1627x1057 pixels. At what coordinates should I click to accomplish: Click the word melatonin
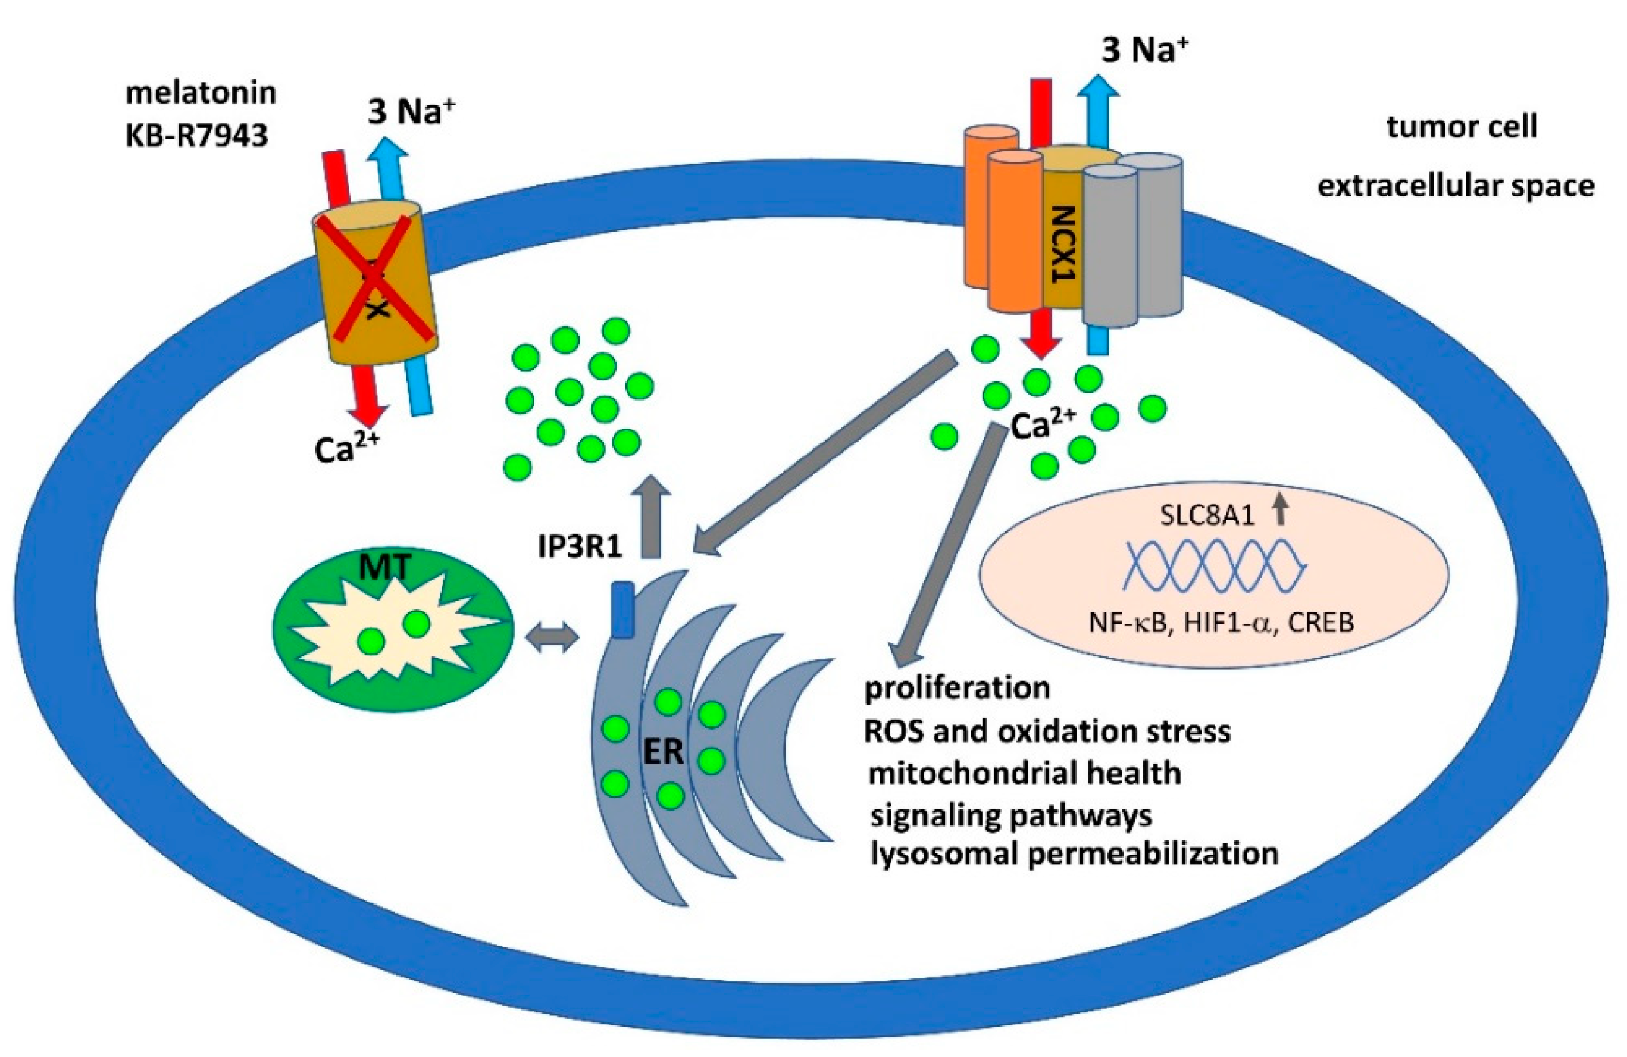201,93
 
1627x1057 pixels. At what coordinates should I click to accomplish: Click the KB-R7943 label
196,136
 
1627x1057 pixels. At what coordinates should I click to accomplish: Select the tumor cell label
1462,127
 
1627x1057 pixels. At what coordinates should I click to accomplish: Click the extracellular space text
1456,186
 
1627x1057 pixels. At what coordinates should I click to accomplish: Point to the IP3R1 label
580,548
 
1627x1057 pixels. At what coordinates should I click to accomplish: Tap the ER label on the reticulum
664,752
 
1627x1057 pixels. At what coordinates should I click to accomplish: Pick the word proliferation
957,688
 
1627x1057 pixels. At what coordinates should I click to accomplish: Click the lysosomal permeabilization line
1074,854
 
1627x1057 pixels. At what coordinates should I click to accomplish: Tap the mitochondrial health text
1024,773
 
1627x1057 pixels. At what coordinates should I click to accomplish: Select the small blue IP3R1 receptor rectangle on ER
621,610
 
